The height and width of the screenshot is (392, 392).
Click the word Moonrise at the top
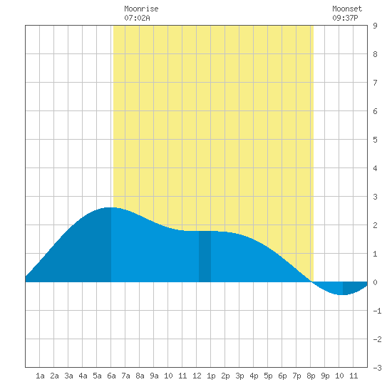tap(141, 9)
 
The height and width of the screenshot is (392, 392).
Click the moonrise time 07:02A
tap(137, 18)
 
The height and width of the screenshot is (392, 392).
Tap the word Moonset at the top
tap(347, 9)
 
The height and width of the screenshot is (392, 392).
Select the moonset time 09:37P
tap(345, 18)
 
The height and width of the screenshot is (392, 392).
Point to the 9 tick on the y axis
tap(375, 26)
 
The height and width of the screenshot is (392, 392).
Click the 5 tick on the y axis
tap(375, 140)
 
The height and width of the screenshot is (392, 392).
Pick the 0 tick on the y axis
tap(375, 282)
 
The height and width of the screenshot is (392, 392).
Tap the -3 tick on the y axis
tap(377, 368)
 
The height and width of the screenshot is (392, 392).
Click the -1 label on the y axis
tap(377, 311)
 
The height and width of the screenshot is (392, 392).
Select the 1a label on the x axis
tap(40, 376)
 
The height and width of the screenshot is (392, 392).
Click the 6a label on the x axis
tap(111, 376)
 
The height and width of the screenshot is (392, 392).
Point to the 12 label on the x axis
tap(197, 376)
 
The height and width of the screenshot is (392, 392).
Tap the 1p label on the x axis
tap(211, 376)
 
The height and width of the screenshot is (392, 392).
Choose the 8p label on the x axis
tap(311, 376)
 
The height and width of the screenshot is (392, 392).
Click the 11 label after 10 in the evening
tap(354, 376)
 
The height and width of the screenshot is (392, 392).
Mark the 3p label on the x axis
tap(239, 376)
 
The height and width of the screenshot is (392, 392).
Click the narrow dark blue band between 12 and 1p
tap(205, 257)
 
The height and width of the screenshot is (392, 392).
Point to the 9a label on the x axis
tap(154, 376)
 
